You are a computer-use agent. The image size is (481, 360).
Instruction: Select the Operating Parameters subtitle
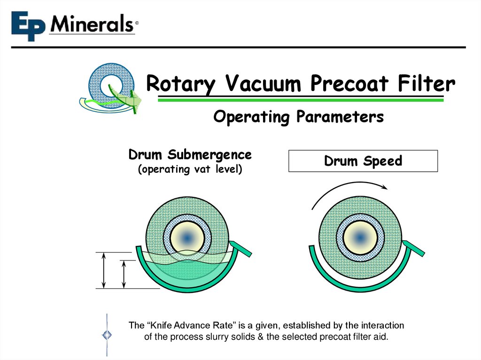pyautogui.click(x=298, y=116)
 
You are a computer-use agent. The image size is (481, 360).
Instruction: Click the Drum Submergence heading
pyautogui.click(x=190, y=154)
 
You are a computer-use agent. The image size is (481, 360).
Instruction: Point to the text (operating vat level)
pyautogui.click(x=190, y=169)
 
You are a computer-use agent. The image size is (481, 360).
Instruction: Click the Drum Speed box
pyautogui.click(x=363, y=161)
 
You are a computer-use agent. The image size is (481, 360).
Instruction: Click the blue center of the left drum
pyautogui.click(x=186, y=238)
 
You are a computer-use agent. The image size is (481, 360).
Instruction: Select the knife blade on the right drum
pyautogui.click(x=414, y=248)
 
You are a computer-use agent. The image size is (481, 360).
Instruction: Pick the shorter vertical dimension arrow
pyautogui.click(x=124, y=275)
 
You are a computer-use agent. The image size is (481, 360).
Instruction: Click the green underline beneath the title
pyautogui.click(x=301, y=100)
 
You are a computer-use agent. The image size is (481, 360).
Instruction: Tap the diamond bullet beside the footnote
pyautogui.click(x=108, y=335)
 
